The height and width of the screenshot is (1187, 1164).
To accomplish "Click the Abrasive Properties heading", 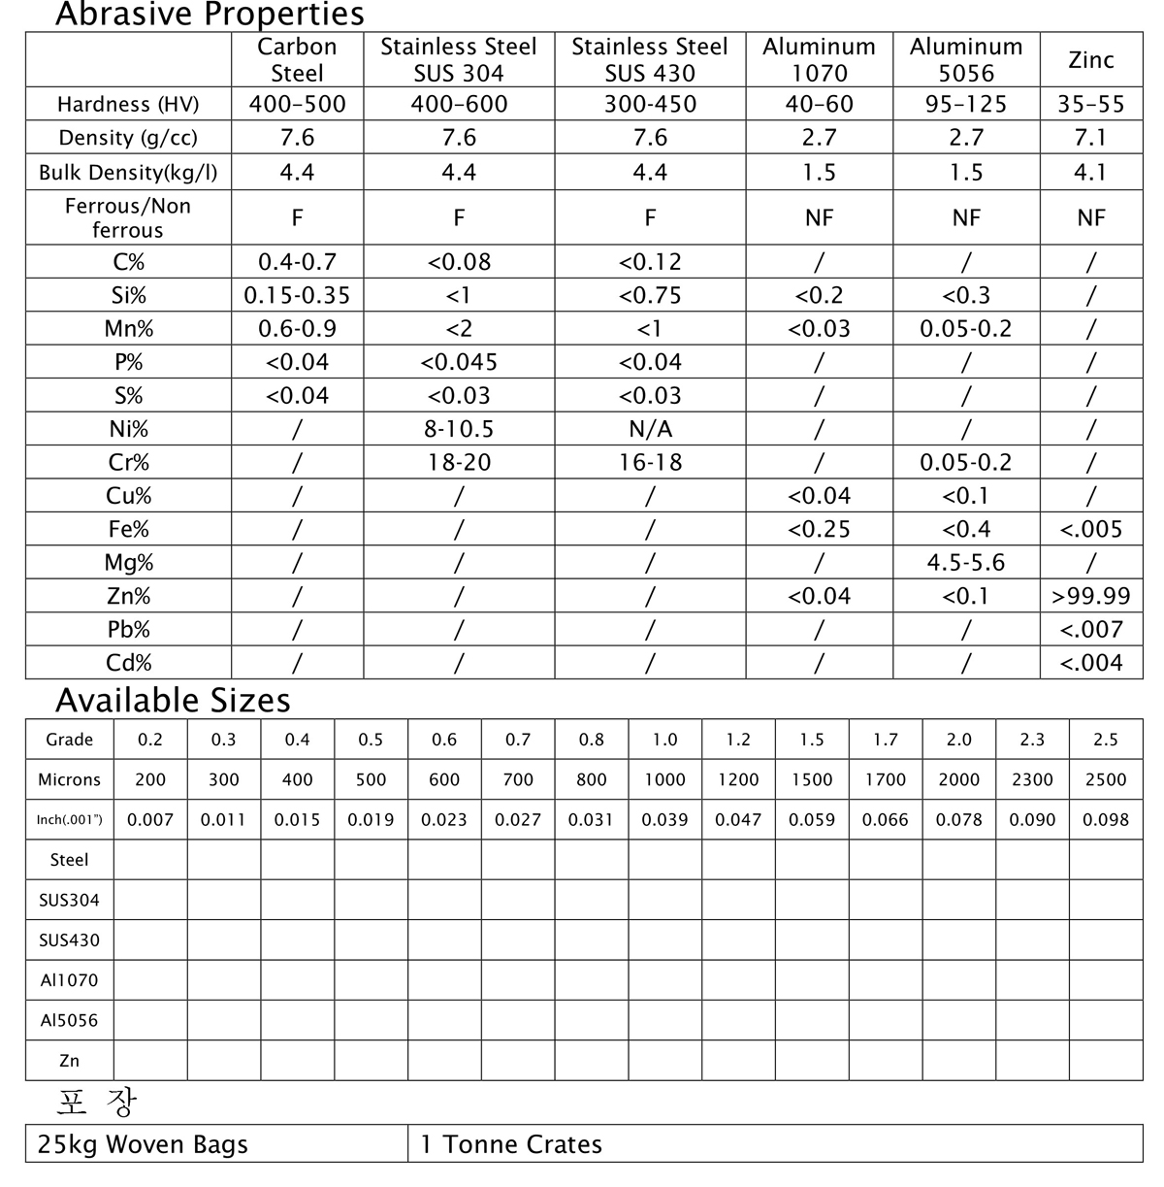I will click(210, 15).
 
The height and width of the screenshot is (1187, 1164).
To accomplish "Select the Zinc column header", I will click(1090, 60).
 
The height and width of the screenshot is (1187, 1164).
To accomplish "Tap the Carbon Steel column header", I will click(297, 60).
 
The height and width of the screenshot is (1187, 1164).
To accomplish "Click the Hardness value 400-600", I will click(459, 104).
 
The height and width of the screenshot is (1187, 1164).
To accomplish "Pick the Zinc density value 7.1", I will click(1090, 138).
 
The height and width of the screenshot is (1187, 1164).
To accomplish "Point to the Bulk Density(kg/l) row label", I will click(128, 173).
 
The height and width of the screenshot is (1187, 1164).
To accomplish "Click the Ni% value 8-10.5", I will click(459, 429).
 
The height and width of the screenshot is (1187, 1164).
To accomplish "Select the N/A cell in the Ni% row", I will click(650, 429).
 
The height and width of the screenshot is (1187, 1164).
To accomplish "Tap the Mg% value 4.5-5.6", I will click(965, 563).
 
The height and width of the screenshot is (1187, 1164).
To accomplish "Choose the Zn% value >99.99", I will click(1090, 596).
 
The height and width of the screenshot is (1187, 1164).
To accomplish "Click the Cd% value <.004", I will click(1090, 663).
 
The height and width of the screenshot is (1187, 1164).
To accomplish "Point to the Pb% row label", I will click(128, 630).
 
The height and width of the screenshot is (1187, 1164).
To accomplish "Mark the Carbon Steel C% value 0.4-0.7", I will click(297, 262).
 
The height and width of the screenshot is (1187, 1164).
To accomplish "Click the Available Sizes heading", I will click(173, 700).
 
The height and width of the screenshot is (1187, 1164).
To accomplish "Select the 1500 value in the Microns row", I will click(812, 779).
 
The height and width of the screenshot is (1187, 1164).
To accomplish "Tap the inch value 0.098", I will click(1106, 820).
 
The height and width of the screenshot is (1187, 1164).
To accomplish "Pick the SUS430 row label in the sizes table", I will click(69, 940).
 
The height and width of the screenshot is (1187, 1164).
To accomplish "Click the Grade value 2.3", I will click(1032, 740).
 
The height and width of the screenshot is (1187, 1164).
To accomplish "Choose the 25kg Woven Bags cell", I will click(143, 1144).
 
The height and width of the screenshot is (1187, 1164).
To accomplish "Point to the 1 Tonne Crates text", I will click(511, 1144).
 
